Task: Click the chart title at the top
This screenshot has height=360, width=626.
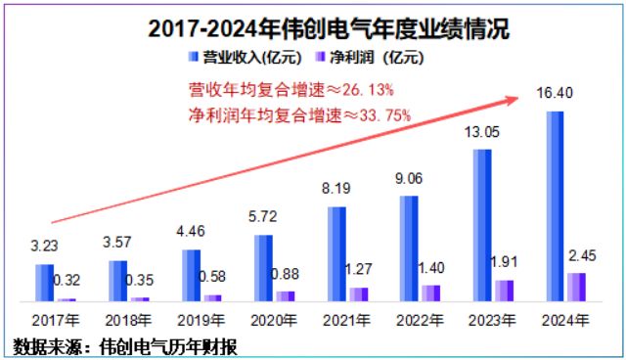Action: coord(313,27)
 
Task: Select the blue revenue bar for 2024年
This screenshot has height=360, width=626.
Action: coord(553,205)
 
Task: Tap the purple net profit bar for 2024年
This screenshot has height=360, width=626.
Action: coord(577,287)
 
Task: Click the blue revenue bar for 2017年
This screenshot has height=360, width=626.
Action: coord(44,282)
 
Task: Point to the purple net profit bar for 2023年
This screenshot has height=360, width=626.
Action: coord(504,291)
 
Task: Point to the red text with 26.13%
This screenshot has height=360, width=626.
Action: coord(291,90)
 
